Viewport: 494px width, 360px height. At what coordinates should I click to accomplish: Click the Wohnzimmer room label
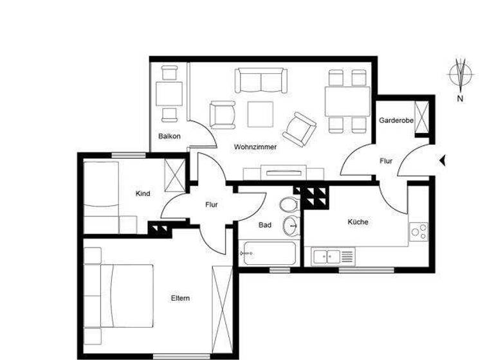coord(255,147)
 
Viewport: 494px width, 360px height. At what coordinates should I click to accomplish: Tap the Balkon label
coord(169,136)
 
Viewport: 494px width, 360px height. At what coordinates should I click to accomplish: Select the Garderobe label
coord(396,121)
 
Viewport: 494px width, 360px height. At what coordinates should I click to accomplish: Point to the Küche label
coord(358,222)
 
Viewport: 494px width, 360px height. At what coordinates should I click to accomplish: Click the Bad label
coord(264,226)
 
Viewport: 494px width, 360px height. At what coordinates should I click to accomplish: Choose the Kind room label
coord(143,194)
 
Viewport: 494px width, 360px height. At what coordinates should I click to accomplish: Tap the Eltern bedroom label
coord(180,298)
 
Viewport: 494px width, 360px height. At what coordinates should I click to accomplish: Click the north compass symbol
coord(461,74)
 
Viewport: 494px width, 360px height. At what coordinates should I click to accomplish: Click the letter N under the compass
coord(460,98)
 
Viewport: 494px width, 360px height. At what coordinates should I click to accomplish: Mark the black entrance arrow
coord(442,161)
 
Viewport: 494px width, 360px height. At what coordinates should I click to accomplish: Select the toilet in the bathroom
coord(289,205)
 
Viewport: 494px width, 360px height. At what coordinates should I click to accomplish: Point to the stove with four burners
coord(419,231)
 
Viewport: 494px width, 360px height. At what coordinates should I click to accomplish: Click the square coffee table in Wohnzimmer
coord(261,114)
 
